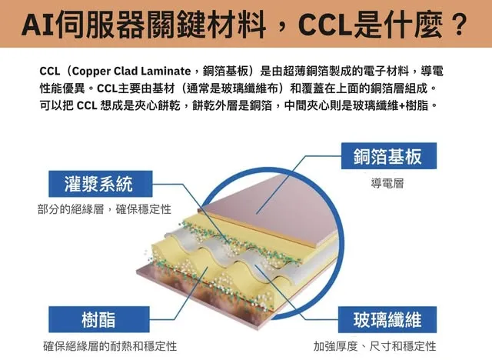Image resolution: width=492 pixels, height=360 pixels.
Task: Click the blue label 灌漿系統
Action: (98, 183)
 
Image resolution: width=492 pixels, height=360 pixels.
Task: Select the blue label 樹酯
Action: (98, 318)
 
